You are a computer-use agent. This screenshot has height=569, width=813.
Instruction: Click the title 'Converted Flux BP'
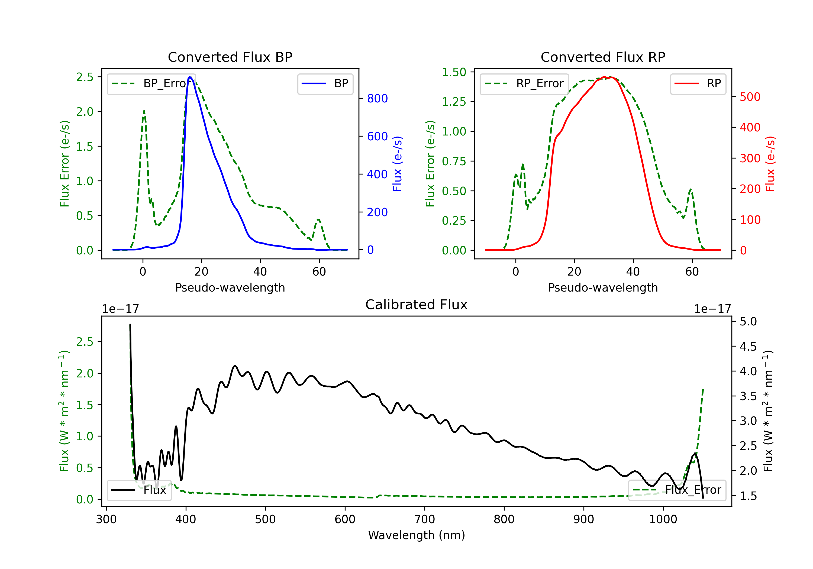coord(230,57)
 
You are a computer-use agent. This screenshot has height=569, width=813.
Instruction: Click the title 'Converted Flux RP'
coord(603,57)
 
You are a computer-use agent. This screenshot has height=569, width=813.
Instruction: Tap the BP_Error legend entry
coord(151,83)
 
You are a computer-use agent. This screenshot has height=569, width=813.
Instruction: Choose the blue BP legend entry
coord(325,83)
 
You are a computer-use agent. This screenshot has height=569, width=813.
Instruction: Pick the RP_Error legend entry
coord(524,83)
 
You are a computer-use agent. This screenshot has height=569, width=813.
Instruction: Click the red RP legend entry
coord(698,83)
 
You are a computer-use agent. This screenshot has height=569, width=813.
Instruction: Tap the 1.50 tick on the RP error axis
coord(454,72)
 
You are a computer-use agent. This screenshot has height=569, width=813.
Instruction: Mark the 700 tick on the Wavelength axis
coord(425,519)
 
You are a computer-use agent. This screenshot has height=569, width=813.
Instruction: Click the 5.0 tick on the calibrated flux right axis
coord(748,322)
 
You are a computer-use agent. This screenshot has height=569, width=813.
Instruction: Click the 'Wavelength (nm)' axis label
coord(417,535)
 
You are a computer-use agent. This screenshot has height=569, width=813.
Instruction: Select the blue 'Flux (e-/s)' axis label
coord(397,164)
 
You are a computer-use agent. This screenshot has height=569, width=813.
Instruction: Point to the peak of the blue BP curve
coord(190,77)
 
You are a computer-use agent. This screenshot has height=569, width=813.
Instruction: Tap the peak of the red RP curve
coord(604,77)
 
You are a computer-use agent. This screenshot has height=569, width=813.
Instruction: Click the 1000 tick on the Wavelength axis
coord(663,519)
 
